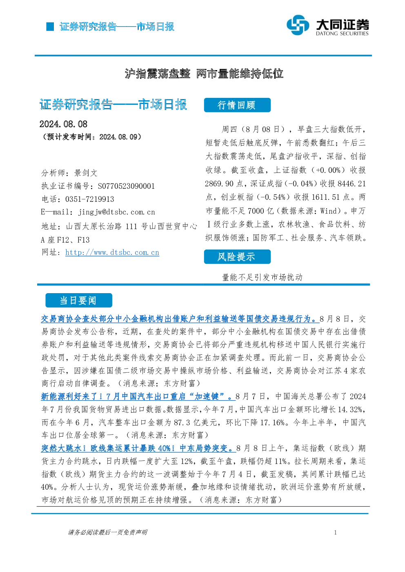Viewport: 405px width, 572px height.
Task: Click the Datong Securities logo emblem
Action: [298, 25]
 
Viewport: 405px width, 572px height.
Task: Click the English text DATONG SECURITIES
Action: [342, 33]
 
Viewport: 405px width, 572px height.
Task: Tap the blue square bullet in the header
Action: [50, 27]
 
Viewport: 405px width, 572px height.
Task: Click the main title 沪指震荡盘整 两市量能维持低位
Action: [204, 73]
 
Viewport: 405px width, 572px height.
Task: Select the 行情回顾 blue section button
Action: [237, 105]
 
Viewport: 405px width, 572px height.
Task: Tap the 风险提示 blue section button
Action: [237, 256]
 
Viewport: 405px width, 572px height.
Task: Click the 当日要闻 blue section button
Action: [79, 300]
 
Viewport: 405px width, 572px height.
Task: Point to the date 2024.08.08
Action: [63, 124]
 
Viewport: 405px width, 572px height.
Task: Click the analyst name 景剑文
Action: [86, 173]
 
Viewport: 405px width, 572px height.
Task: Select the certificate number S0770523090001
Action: [126, 186]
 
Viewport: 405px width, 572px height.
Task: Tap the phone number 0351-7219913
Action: [90, 199]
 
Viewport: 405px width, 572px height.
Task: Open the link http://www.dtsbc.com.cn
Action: [112, 252]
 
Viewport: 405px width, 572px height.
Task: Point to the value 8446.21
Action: [352, 183]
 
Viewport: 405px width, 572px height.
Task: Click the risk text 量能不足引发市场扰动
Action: [263, 277]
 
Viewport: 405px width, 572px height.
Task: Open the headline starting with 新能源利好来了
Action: [138, 397]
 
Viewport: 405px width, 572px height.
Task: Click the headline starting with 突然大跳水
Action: [138, 448]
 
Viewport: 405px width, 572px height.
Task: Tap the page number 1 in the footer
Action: [336, 533]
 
